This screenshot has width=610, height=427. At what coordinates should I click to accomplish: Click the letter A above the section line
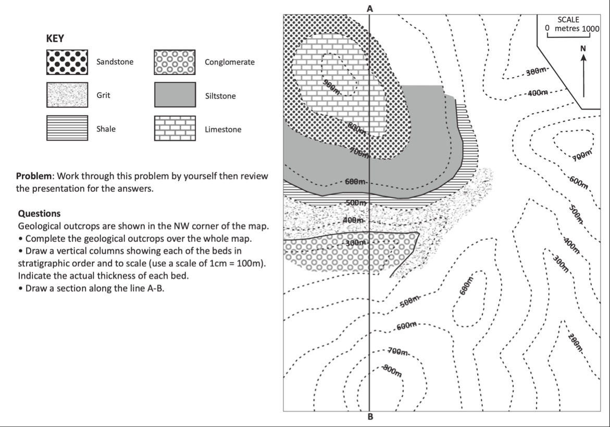[370, 8]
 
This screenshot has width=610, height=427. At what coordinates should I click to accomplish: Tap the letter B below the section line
[370, 417]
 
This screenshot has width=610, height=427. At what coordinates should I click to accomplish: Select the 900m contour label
[331, 88]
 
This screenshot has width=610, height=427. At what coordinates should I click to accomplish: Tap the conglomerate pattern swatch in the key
[175, 63]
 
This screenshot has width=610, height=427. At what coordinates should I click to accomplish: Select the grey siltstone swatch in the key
[175, 96]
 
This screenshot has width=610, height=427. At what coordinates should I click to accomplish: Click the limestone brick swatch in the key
[175, 129]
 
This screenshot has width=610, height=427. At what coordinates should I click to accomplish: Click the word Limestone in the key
[223, 129]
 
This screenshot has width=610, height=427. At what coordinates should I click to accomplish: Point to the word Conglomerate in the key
[230, 63]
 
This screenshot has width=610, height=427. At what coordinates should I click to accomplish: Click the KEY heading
[55, 39]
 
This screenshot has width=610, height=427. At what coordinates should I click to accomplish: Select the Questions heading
[39, 214]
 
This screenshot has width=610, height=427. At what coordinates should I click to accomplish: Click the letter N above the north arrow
[583, 48]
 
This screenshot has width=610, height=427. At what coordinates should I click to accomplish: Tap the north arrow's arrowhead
[583, 58]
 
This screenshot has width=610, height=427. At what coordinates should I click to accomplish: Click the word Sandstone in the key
[115, 62]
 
